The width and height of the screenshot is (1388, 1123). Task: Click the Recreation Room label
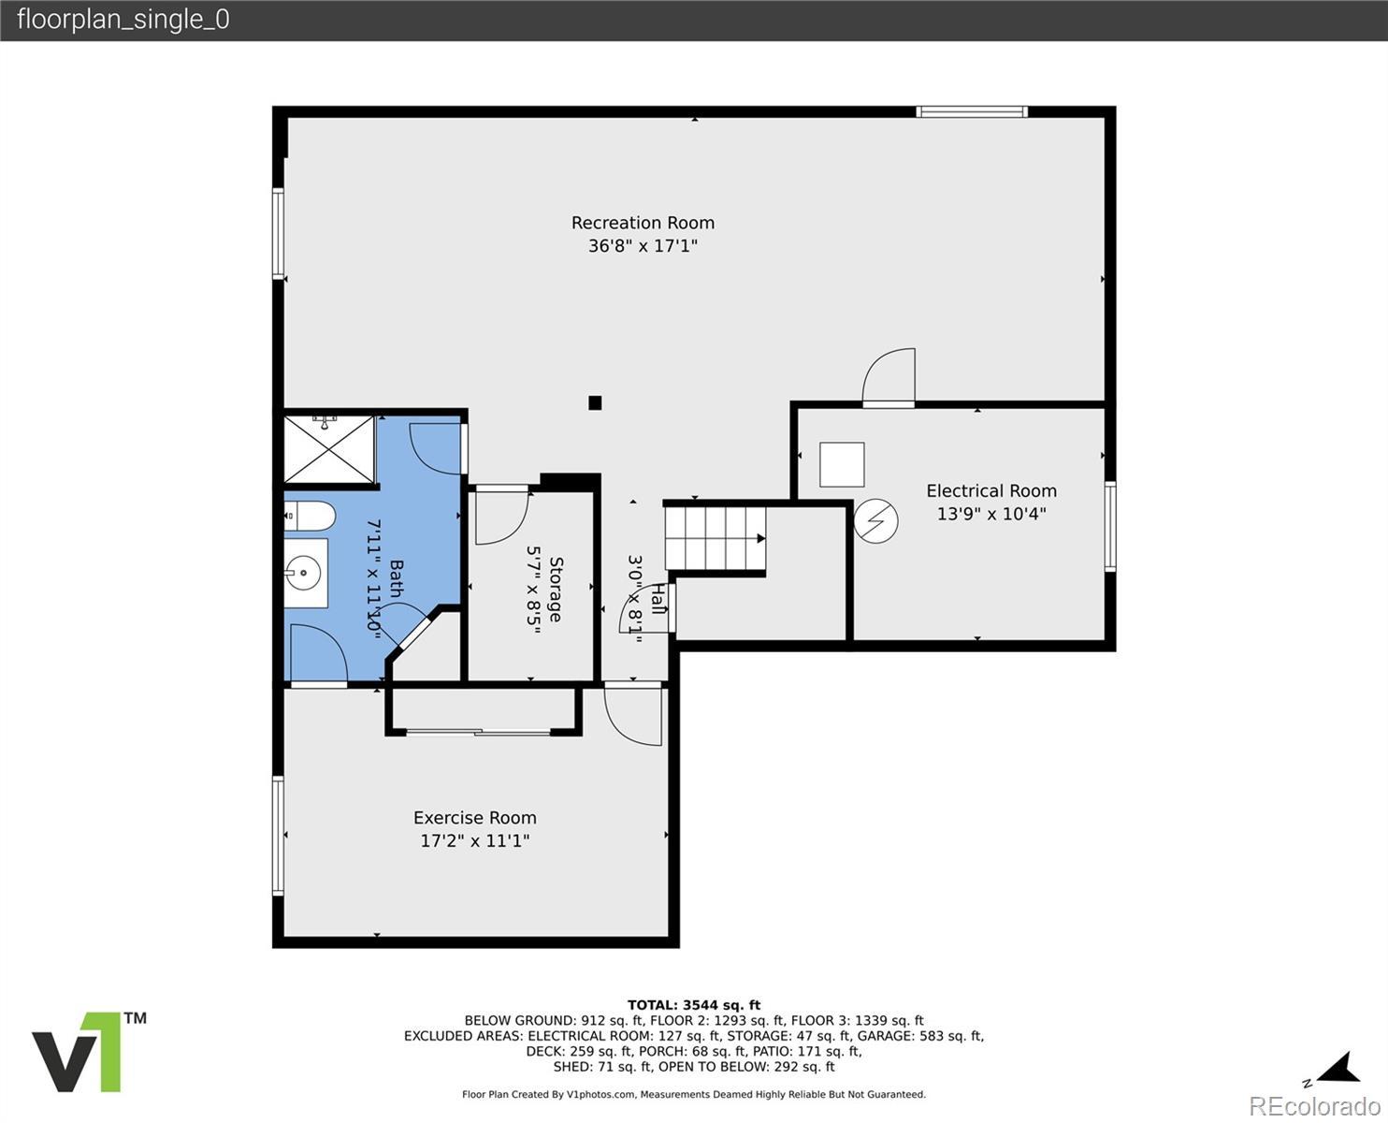click(x=643, y=223)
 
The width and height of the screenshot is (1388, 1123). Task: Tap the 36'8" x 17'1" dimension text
click(x=643, y=246)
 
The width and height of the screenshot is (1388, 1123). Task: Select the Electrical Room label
click(x=991, y=490)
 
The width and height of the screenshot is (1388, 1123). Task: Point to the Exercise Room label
click(x=474, y=817)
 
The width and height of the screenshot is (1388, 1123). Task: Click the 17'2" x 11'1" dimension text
click(x=474, y=840)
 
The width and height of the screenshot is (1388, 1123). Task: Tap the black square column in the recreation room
click(x=594, y=402)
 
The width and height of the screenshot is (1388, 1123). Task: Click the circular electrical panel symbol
click(x=875, y=521)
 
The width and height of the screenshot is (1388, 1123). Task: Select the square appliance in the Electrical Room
click(x=842, y=464)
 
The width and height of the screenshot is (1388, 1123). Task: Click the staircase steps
click(x=715, y=538)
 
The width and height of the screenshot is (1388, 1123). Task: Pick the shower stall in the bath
click(x=329, y=450)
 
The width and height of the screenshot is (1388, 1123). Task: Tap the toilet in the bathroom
click(x=310, y=517)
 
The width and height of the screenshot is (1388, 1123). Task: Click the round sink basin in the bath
click(x=304, y=573)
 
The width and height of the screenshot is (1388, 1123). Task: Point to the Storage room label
click(x=556, y=590)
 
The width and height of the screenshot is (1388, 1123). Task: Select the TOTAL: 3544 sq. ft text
click(x=694, y=1005)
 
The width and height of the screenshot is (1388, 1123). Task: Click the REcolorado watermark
click(x=1314, y=1105)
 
